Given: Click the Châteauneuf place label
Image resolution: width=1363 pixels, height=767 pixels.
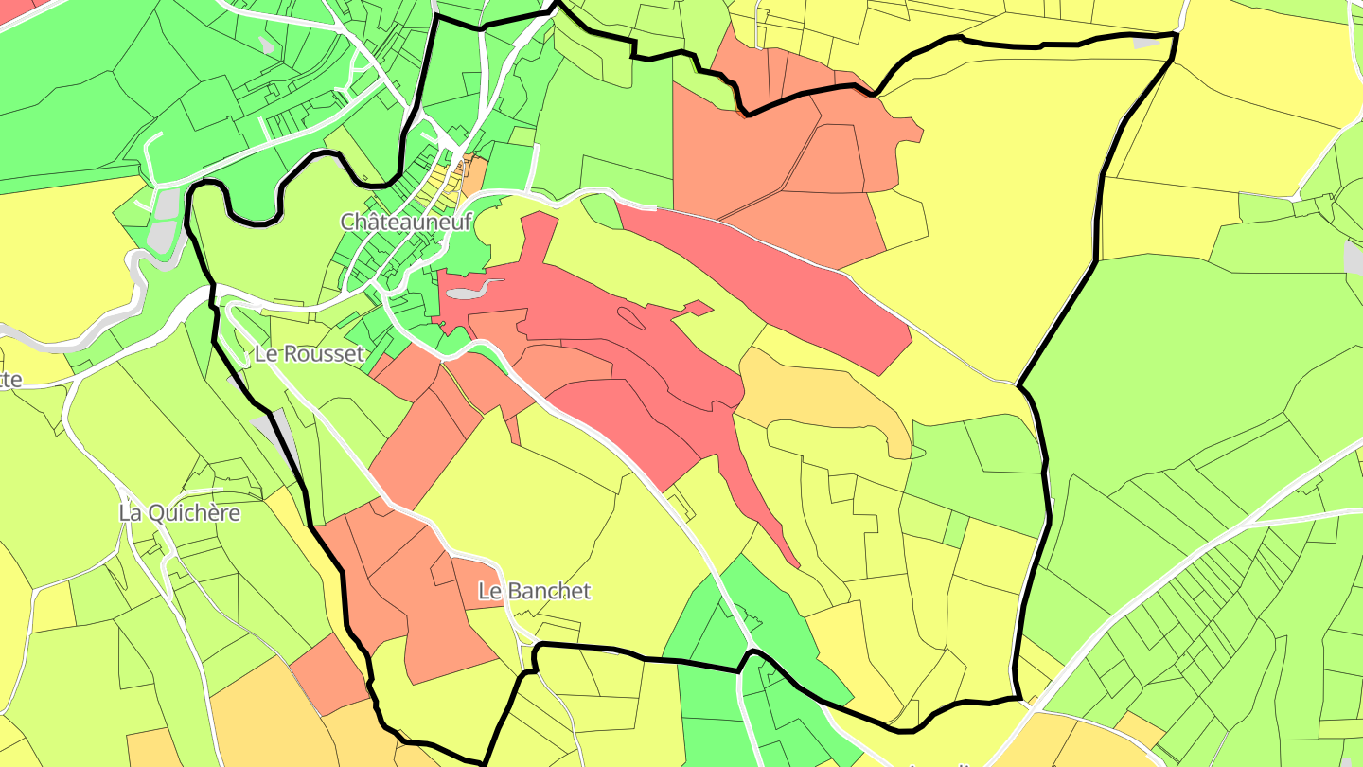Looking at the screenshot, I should (x=406, y=222).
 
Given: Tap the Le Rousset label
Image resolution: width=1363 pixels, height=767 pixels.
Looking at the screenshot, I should (x=309, y=354).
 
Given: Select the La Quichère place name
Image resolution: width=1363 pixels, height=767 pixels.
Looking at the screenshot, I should (x=180, y=513).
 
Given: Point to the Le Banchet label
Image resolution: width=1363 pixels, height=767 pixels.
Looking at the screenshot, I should (x=534, y=591).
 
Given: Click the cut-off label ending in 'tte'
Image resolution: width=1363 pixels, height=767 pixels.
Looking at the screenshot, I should (x=10, y=380).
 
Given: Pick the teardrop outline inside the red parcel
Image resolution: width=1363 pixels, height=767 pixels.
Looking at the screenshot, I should (x=630, y=319).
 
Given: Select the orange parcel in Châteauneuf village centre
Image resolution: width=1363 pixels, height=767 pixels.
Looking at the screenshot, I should (x=473, y=173).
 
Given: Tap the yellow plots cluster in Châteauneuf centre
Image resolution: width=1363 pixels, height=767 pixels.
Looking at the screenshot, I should (x=441, y=185).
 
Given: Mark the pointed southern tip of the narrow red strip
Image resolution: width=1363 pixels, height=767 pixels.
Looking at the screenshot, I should (x=797, y=565).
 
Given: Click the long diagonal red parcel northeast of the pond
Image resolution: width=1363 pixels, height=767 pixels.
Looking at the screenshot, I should (x=776, y=284).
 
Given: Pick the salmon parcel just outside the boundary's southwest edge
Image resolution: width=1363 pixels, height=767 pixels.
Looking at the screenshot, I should (x=327, y=672).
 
